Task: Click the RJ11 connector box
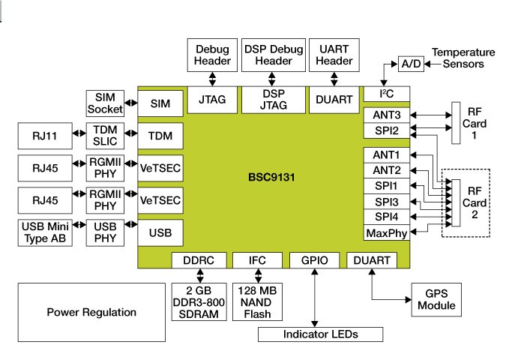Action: click(x=46, y=137)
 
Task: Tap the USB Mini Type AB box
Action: click(x=46, y=232)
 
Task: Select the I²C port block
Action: click(x=385, y=93)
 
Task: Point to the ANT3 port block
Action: click(x=385, y=115)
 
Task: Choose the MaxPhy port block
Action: click(x=385, y=233)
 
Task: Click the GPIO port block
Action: click(x=316, y=260)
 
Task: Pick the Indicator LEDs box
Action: click(x=321, y=334)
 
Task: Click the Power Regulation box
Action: click(x=91, y=312)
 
